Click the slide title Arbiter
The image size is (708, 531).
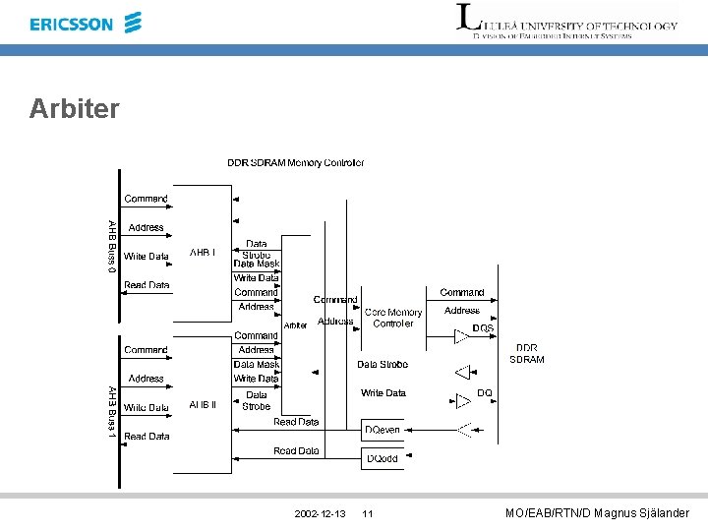75,108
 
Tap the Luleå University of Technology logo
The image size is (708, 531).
566,21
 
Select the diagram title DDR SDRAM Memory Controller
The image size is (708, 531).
295,162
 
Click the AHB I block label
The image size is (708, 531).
203,253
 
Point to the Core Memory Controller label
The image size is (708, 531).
393,318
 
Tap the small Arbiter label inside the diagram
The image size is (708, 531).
295,325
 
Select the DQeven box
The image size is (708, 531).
383,430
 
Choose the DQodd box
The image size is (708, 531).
383,459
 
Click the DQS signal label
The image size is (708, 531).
483,327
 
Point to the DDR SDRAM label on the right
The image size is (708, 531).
526,353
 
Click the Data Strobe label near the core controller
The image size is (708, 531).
383,365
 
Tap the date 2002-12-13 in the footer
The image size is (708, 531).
320,514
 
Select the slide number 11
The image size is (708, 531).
368,514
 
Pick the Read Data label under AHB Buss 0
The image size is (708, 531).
147,285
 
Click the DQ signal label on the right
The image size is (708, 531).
484,392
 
